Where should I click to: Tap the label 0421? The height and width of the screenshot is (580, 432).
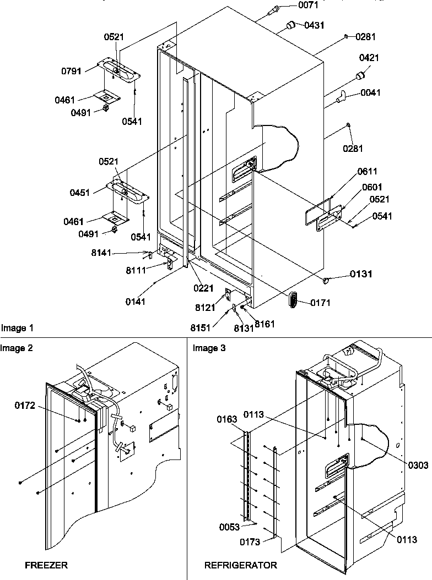point(369,58)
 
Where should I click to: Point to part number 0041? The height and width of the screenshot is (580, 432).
point(371,93)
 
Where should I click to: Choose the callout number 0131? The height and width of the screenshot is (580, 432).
point(360,273)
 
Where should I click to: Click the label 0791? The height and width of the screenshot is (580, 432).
point(72,70)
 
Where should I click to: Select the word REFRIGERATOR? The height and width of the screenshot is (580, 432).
point(241,565)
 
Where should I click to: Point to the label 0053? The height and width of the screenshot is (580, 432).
point(229,527)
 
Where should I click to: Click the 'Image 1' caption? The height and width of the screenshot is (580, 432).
point(17,329)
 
